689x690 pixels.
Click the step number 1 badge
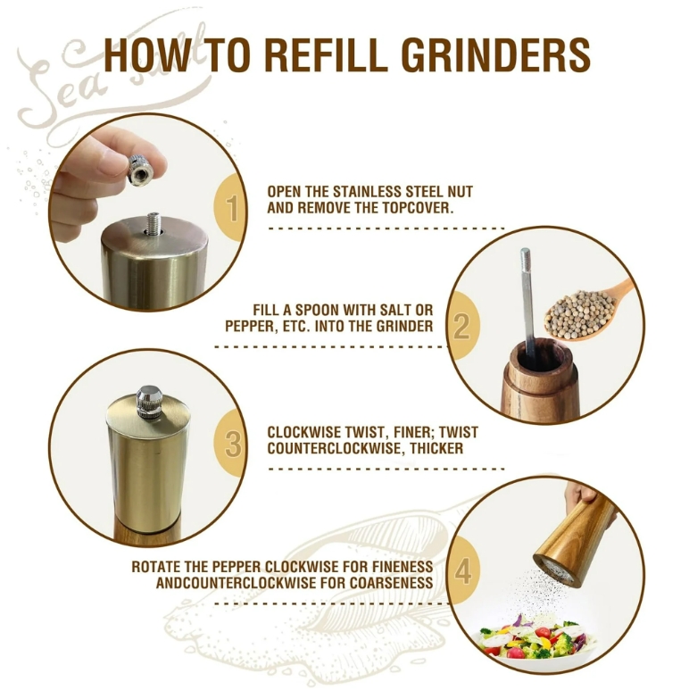(x=230, y=209)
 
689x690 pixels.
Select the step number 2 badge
(x=462, y=327)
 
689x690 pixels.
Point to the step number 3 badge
(x=230, y=445)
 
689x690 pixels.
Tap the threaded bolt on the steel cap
(x=154, y=222)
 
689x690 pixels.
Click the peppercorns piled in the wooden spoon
(x=574, y=314)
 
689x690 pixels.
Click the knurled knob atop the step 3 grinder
(x=149, y=402)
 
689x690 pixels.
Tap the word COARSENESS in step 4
(x=392, y=583)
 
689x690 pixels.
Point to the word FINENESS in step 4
(x=401, y=566)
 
